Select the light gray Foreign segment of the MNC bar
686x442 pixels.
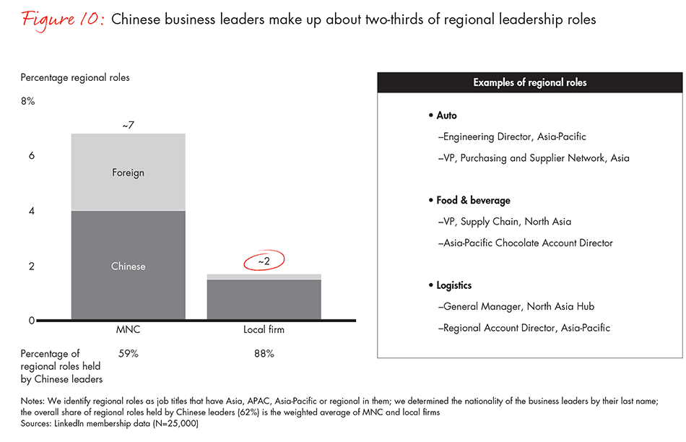click(x=128, y=173)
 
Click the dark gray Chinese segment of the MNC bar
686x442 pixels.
click(x=128, y=266)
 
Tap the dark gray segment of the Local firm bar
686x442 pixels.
click(x=264, y=300)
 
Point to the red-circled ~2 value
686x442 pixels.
click(x=264, y=261)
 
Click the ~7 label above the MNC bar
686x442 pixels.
click(x=128, y=126)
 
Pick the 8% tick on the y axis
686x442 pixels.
click(x=27, y=101)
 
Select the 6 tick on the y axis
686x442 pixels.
click(x=31, y=156)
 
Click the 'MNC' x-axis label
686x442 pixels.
click(x=128, y=329)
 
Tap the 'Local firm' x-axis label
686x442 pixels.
click(x=264, y=329)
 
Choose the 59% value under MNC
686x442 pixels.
click(x=128, y=354)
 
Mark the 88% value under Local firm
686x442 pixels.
click(x=264, y=354)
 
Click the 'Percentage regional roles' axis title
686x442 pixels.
click(x=75, y=77)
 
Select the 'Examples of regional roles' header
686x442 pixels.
click(x=529, y=82)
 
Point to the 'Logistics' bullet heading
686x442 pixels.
click(x=453, y=285)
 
